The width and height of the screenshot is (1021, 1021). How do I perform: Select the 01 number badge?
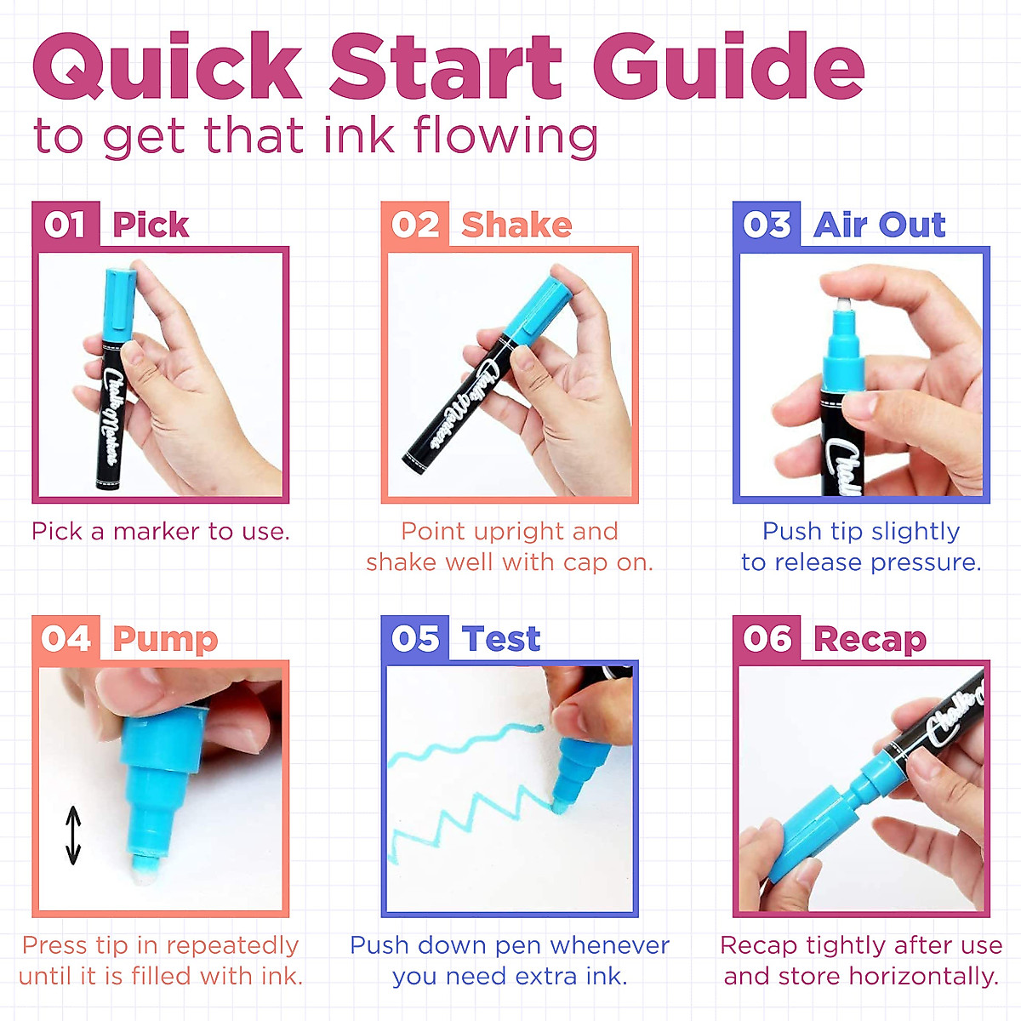pos(66,225)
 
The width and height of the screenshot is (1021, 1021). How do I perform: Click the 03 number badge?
pos(767,225)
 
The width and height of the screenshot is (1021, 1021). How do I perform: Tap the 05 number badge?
pos(415,639)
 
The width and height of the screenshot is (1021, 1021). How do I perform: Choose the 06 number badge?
pos(767,639)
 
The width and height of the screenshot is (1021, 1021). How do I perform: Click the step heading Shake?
pos(516,225)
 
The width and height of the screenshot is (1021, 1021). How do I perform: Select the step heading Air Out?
pos(879,225)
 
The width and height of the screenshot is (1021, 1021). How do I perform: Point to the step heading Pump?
pos(165,640)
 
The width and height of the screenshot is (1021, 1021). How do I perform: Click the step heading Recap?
pos(870,640)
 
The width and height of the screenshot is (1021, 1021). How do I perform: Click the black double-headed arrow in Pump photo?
pos(73,835)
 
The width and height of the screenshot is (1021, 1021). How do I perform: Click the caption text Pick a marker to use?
pos(161,532)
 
